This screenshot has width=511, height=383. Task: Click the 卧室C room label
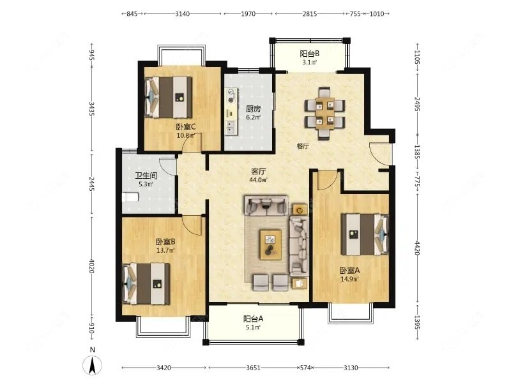185,126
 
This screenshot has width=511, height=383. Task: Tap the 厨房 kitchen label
253,109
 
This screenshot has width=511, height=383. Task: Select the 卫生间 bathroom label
146,176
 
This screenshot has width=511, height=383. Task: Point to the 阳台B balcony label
309,54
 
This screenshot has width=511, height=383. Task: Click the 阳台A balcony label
253,319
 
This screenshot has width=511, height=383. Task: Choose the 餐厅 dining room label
303,146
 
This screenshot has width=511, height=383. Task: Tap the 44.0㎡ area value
258,180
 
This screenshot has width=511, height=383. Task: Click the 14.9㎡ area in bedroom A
349,279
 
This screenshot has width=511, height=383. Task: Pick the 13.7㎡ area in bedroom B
165,250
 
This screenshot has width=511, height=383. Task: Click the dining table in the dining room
324,114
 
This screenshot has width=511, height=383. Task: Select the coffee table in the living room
270,245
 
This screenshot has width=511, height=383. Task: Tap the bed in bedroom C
168,97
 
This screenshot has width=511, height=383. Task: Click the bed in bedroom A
365,234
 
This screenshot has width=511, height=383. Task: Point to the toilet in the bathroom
130,197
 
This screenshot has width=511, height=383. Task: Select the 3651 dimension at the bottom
253,368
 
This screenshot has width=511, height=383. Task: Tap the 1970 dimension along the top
248,14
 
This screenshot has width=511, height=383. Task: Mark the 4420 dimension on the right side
418,248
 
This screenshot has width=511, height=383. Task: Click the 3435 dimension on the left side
91,109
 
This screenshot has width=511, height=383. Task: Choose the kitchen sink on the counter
231,126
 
